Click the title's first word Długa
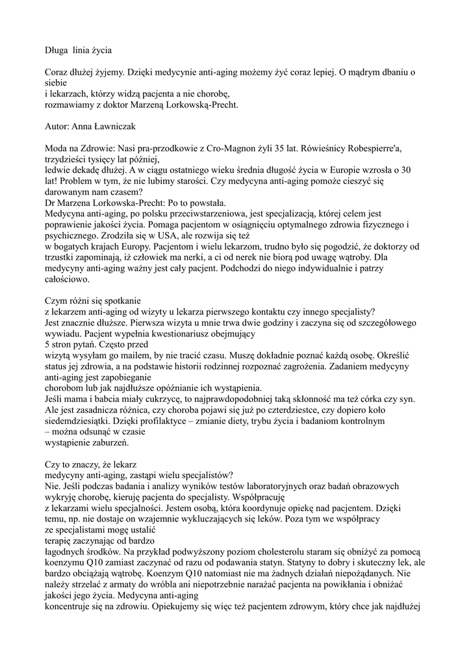pyautogui.click(x=57, y=49)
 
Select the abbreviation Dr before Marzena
pyautogui.click(x=49, y=202)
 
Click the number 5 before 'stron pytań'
pyautogui.click(x=46, y=344)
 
